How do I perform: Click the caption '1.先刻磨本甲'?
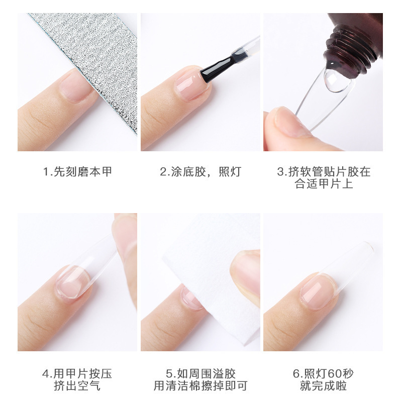[x=77, y=172]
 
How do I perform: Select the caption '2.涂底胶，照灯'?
[x=200, y=172]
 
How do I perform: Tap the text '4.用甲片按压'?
[x=77, y=374]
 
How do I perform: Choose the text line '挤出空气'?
[x=77, y=386]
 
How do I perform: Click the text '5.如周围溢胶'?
[x=200, y=374]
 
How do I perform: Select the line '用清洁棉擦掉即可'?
[x=200, y=386]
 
